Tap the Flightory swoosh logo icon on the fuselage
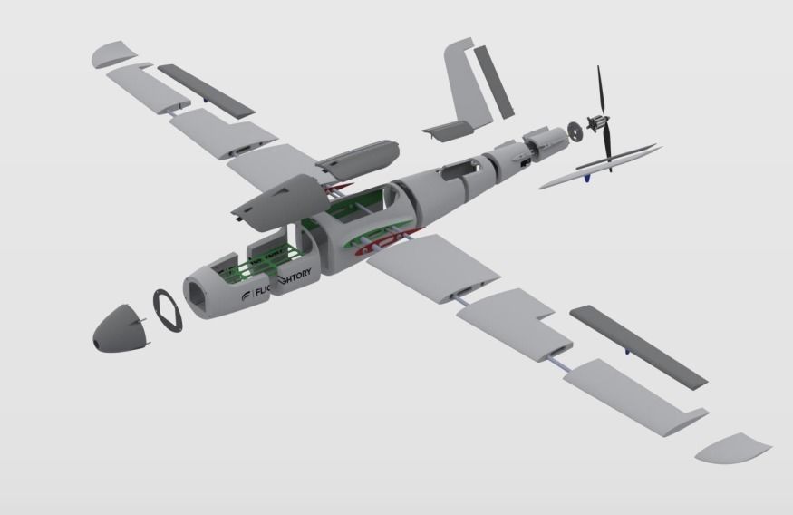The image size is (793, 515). pos(247,296)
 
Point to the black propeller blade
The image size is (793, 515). pos(602,100)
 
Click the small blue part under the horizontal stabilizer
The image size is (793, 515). pos(587,177)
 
